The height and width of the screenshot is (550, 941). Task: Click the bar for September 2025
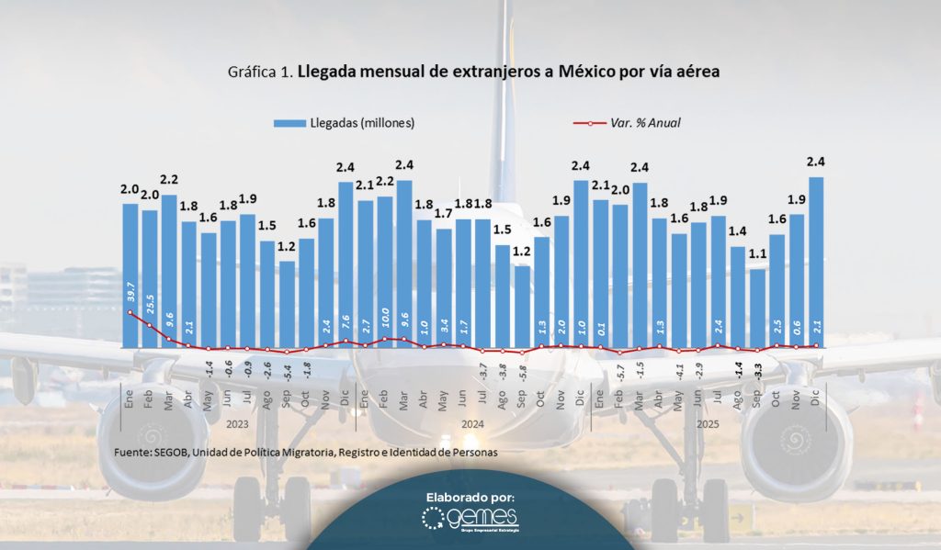click(x=757, y=308)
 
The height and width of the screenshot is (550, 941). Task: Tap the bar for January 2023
click(x=130, y=275)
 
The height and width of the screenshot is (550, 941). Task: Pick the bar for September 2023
click(x=287, y=304)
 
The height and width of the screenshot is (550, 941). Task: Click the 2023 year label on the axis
click(x=238, y=424)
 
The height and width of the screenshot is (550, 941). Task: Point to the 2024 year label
click(x=472, y=424)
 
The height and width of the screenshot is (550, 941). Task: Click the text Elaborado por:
click(x=470, y=497)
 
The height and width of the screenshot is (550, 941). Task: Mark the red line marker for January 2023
click(x=130, y=312)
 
